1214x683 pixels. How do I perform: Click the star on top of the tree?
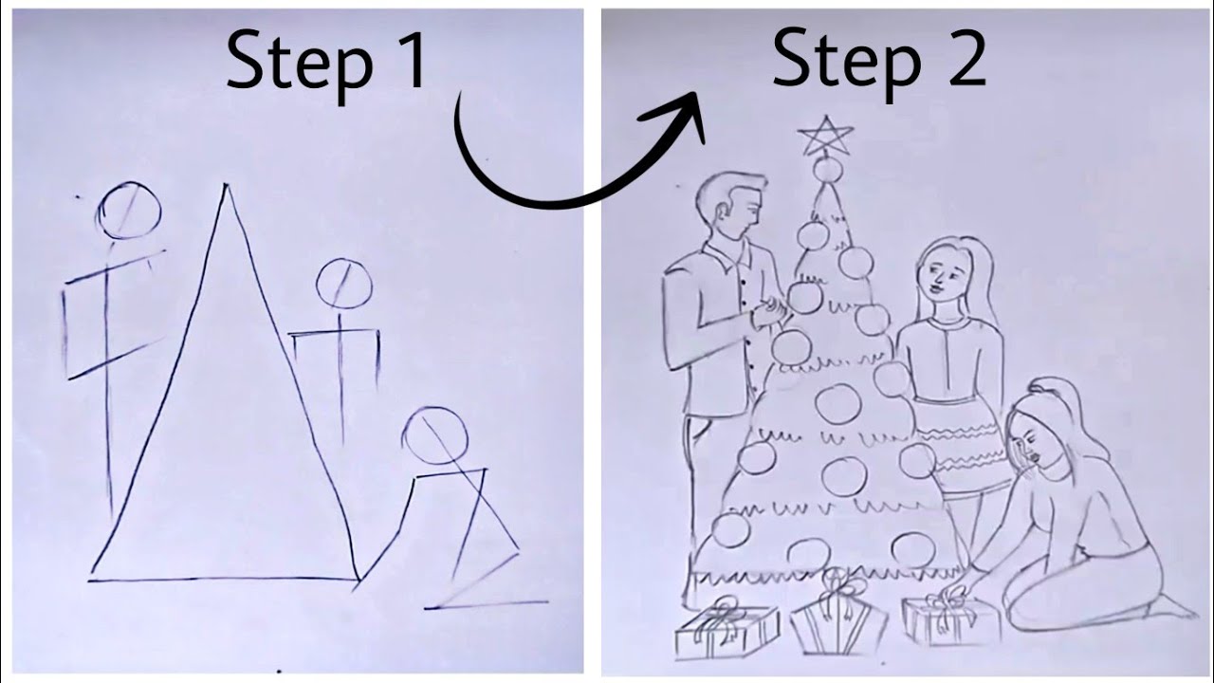[826, 138]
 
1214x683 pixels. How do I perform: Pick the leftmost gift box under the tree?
[726, 631]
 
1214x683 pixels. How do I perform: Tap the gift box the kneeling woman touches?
[951, 621]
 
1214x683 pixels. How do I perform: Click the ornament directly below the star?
[827, 170]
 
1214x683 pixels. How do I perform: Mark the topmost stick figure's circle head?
[128, 211]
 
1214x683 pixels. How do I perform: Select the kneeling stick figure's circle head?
[434, 435]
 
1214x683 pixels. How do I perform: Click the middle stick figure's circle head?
[343, 283]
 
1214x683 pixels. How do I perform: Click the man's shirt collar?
[728, 254]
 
